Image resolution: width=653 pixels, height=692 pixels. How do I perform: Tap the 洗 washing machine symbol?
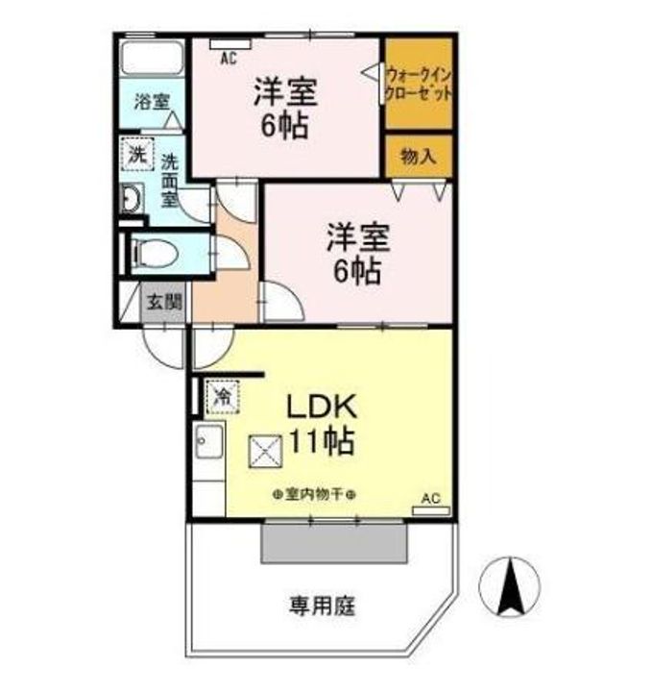[137, 153]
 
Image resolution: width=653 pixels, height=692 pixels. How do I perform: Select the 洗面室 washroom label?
[169, 180]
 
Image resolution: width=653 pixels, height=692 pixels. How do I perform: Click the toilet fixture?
[153, 254]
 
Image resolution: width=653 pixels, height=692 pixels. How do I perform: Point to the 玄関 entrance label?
[163, 301]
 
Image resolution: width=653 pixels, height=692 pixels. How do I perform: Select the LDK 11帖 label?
[319, 425]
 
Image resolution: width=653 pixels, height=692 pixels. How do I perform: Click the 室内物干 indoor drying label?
[314, 494]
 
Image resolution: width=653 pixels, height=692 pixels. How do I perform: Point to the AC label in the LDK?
[430, 498]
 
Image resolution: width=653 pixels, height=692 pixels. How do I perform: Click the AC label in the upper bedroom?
[228, 58]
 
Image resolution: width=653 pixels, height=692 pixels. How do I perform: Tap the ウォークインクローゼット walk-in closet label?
[418, 82]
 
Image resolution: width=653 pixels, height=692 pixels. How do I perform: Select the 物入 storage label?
[418, 156]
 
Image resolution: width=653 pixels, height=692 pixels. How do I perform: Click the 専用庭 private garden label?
[323, 605]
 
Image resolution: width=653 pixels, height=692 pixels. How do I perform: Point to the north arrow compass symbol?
[511, 587]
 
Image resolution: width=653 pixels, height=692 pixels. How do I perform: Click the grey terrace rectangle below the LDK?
[334, 543]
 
